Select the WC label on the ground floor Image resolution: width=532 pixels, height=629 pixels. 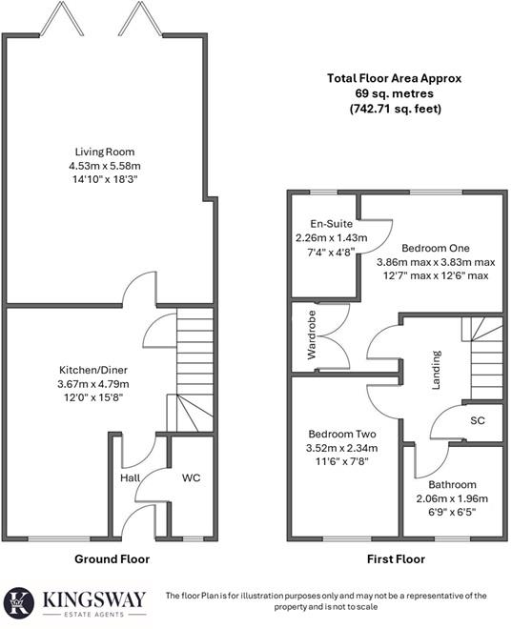[x=193, y=477]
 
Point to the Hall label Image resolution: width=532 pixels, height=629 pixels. [x=131, y=477]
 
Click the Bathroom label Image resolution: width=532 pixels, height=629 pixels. [x=452, y=485]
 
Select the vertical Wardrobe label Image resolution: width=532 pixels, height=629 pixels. [x=311, y=337]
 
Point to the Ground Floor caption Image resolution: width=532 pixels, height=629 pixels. [x=112, y=558]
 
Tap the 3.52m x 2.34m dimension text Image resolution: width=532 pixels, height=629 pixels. [x=340, y=447]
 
